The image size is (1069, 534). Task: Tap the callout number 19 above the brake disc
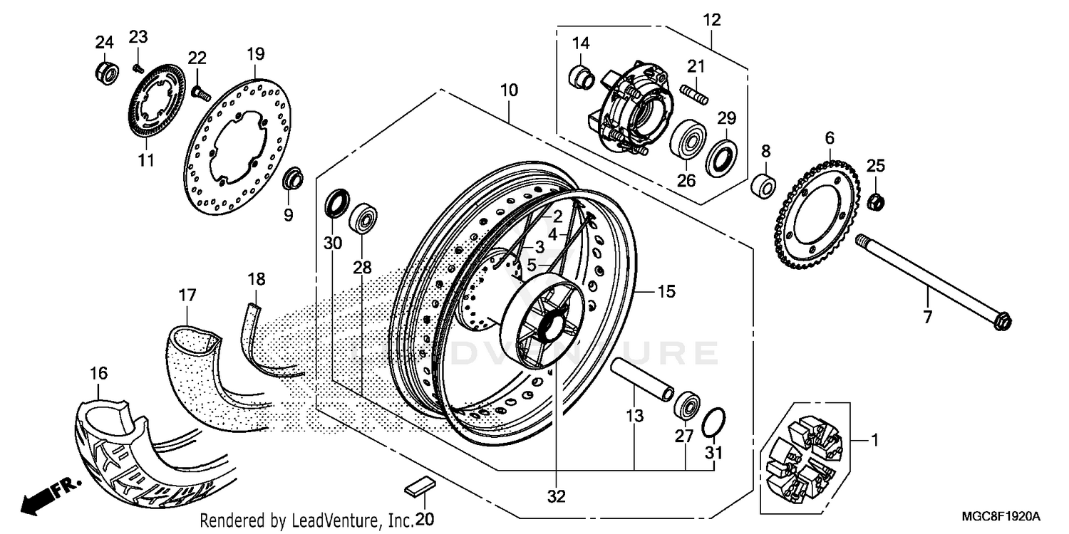[256, 53]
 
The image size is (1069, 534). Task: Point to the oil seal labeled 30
[337, 203]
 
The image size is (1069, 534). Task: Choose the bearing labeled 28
[364, 217]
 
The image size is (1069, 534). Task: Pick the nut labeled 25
[877, 201]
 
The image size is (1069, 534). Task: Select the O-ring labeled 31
[715, 423]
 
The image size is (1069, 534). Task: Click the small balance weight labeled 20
[418, 487]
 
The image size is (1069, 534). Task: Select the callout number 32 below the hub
[557, 496]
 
